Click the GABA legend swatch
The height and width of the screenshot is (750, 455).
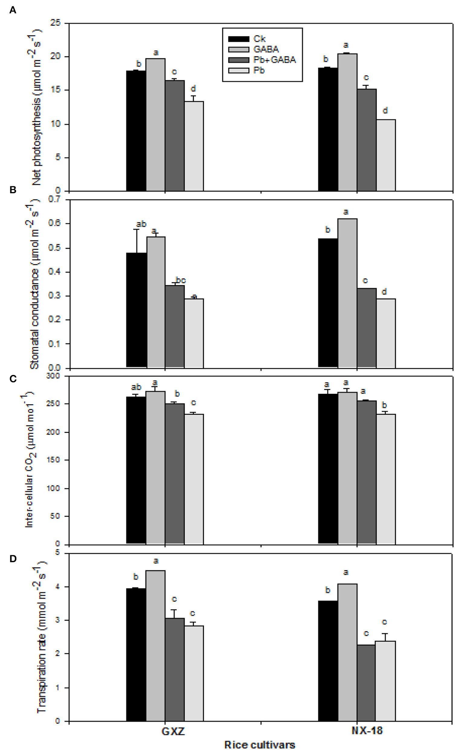(239, 49)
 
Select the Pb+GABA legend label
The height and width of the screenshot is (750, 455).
(274, 60)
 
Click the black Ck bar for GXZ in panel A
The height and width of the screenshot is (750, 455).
(136, 131)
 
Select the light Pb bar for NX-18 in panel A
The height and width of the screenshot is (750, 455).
(385, 155)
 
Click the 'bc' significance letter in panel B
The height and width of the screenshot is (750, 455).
(181, 280)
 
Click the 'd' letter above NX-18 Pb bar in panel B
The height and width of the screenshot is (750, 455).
(384, 292)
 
